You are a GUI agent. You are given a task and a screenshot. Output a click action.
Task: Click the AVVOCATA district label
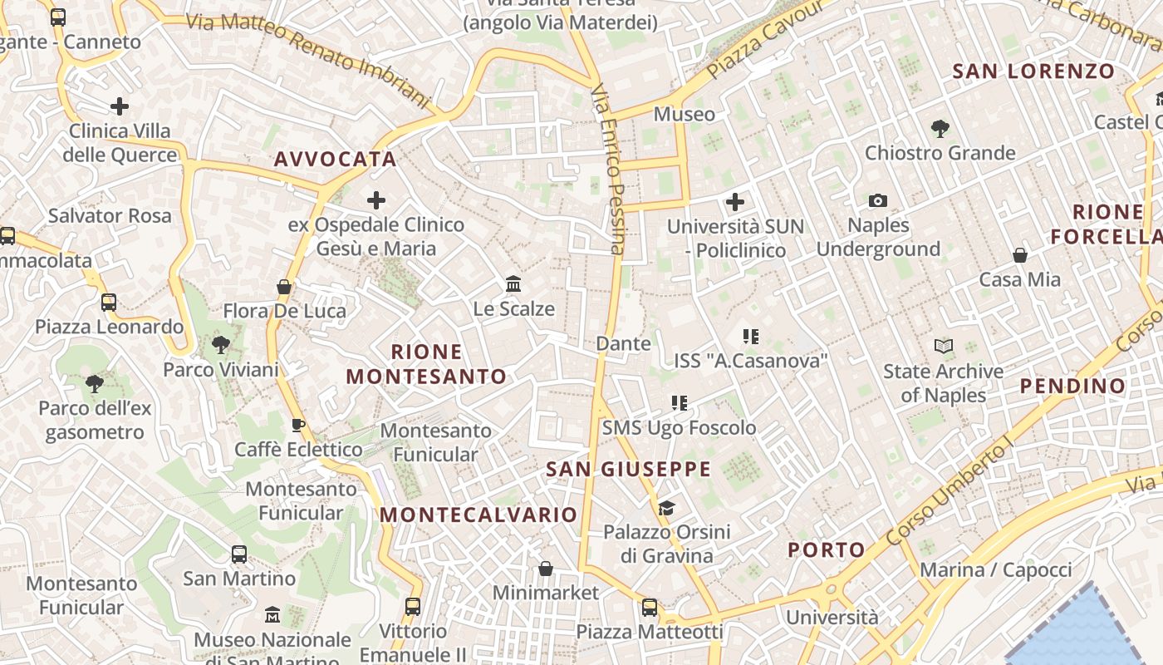click(x=335, y=159)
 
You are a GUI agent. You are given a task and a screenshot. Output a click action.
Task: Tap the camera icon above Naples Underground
click(x=877, y=200)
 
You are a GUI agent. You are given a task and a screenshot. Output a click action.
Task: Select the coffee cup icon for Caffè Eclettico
click(x=298, y=426)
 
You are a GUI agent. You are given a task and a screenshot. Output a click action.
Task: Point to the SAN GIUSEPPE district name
click(x=628, y=469)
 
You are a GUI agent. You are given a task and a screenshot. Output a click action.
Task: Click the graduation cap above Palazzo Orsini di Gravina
click(x=666, y=508)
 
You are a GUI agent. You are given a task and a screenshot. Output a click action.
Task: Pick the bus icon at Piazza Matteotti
click(x=650, y=608)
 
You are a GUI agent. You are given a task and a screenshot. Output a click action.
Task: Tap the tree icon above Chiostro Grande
click(x=940, y=128)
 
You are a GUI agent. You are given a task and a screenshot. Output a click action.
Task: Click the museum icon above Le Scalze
click(x=513, y=284)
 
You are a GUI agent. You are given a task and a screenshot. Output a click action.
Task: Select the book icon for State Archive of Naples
click(x=943, y=347)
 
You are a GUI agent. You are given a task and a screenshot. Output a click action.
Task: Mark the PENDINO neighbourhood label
click(x=1072, y=386)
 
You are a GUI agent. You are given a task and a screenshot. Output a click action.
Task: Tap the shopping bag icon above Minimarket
click(x=546, y=569)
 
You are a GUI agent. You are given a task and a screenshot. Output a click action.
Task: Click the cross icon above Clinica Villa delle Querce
click(x=120, y=106)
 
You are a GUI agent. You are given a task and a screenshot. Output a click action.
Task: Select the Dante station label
click(x=623, y=343)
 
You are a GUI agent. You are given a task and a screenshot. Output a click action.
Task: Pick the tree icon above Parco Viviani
click(x=220, y=344)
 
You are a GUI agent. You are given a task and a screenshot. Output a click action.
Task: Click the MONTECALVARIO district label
click(x=478, y=515)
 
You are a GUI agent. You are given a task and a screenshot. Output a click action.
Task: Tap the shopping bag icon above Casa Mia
click(x=1019, y=255)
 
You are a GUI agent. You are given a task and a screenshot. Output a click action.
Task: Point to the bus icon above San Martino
click(x=239, y=554)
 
